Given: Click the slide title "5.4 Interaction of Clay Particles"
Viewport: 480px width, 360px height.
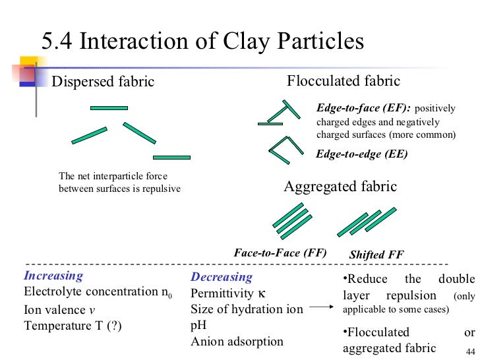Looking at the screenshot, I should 202,42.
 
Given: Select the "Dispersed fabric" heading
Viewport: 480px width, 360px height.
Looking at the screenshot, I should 103,82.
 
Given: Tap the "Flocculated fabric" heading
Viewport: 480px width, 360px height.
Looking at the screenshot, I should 344,81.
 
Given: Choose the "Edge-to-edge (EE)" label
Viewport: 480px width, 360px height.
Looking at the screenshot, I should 362,154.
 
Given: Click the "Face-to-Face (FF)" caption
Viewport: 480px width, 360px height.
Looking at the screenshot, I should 280,252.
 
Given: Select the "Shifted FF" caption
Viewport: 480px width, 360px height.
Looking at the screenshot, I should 376,255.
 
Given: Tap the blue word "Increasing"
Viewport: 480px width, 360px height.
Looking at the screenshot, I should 53,276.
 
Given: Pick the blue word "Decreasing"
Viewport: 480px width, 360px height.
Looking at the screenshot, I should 222,278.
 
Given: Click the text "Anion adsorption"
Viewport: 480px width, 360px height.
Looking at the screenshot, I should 237,342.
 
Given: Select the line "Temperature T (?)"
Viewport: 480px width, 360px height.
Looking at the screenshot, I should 73,326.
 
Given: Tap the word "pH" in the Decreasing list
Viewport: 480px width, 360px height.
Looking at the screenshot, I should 200,326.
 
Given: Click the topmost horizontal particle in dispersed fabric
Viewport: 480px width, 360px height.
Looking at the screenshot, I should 109,107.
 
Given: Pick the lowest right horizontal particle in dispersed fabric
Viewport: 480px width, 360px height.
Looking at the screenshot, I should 171,158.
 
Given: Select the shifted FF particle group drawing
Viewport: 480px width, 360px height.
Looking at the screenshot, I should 367,222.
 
